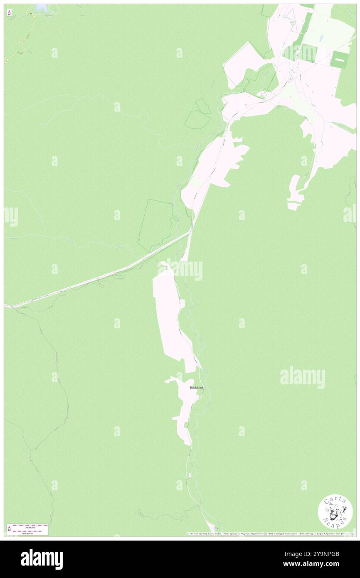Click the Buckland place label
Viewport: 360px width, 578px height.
(x=196, y=388)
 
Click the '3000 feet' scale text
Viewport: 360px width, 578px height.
(x=27, y=527)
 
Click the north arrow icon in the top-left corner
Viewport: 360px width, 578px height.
(x=9, y=13)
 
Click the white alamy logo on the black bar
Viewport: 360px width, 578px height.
(x=42, y=559)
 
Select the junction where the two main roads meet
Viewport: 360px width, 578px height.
(x=191, y=231)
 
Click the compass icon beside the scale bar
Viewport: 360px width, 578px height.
(x=9, y=529)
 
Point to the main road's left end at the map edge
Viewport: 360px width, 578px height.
(x=6, y=306)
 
